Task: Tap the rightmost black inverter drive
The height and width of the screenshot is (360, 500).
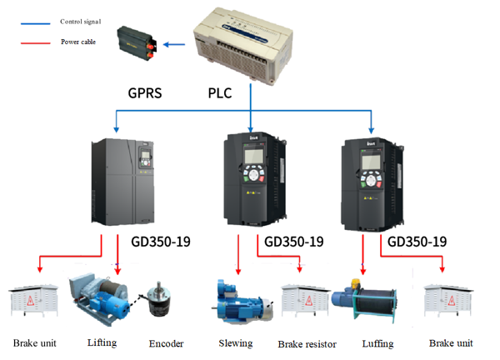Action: (376, 180)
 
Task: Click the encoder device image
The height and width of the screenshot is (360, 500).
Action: (160, 301)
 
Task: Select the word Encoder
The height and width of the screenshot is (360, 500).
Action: (166, 342)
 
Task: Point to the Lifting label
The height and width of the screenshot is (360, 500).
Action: (102, 342)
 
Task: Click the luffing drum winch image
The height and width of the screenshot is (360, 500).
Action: (366, 300)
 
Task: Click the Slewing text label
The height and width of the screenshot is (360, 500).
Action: (236, 343)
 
